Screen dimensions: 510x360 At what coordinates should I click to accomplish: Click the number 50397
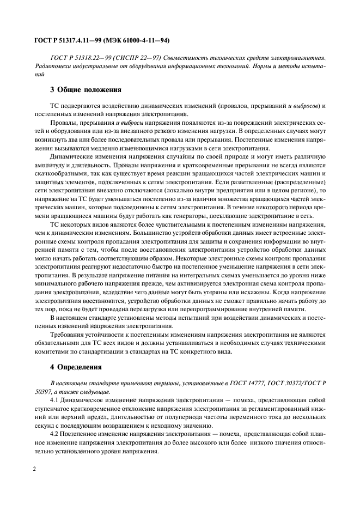43,391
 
